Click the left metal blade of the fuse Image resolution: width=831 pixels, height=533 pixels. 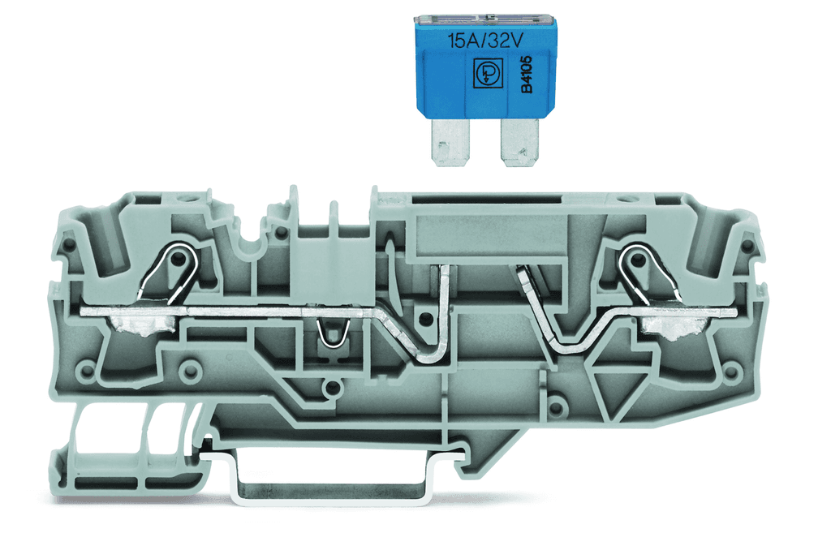click(446, 143)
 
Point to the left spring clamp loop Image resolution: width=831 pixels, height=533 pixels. click(175, 267)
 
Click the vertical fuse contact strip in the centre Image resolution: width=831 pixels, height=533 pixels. click(444, 304)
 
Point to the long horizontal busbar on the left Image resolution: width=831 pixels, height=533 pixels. click(243, 311)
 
